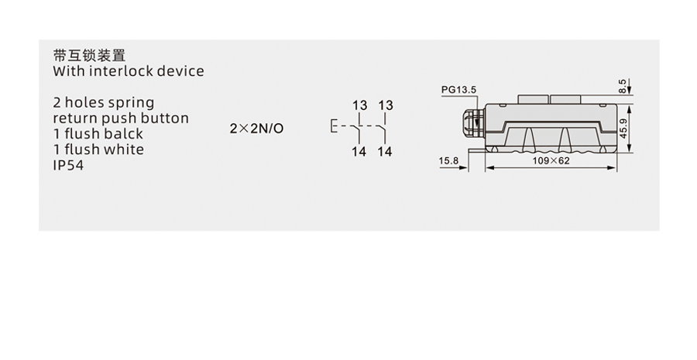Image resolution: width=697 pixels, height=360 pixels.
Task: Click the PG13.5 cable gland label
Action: click(x=459, y=90)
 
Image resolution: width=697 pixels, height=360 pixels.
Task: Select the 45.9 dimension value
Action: click(x=623, y=123)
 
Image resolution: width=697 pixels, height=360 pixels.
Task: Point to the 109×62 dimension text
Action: click(x=551, y=160)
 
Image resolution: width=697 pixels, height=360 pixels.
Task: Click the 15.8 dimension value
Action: click(x=448, y=160)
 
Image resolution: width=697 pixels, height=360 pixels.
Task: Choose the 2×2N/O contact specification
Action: click(x=256, y=128)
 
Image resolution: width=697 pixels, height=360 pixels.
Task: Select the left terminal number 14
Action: click(x=359, y=152)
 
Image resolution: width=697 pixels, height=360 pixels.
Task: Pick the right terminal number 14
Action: click(x=385, y=152)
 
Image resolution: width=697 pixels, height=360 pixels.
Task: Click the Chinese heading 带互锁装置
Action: click(x=89, y=56)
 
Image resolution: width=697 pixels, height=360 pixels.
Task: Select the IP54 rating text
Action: click(x=68, y=165)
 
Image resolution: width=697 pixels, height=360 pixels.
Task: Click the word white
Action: click(x=124, y=149)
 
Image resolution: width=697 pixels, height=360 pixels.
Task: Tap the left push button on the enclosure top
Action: click(x=530, y=99)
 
